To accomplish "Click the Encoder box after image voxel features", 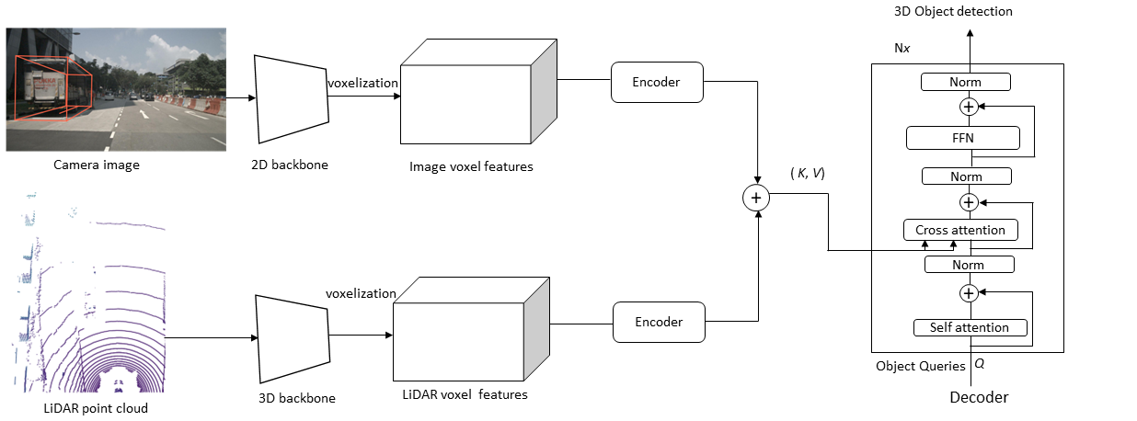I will tap(656, 83).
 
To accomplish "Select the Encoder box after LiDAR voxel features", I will tap(659, 323).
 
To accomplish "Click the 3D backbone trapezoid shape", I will tap(292, 338).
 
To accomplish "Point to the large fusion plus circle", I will tap(757, 197).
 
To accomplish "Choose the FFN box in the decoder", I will tap(963, 139).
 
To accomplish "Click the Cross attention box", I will tap(960, 230).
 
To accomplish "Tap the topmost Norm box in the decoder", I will tap(965, 83).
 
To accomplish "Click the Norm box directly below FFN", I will tap(965, 176).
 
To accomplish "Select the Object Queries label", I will tap(920, 366).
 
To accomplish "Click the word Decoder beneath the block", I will tap(979, 398).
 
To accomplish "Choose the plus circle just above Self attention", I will tap(968, 293).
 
